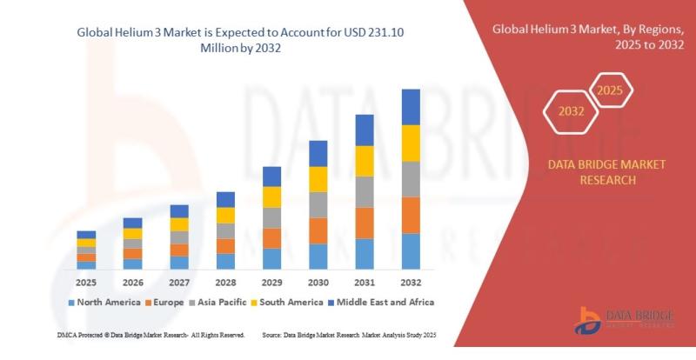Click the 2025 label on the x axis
coord(86,283)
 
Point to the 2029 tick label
coord(272,283)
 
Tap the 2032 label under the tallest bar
coord(411,283)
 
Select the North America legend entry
coord(106,302)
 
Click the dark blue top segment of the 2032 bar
coord(411,107)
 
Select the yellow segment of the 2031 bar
coord(365,161)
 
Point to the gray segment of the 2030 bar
coord(318,204)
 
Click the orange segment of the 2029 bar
coord(272,238)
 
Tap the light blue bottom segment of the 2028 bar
coord(225,261)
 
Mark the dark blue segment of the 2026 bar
coord(132,223)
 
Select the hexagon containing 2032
coord(571,110)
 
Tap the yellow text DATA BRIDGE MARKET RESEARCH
coord(594,172)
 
